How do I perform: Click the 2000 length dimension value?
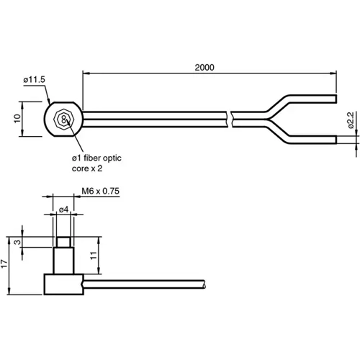[x=204, y=67]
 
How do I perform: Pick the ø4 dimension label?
[x=63, y=209]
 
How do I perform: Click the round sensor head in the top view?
[x=63, y=117]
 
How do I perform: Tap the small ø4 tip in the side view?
[x=63, y=242]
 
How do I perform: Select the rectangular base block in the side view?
[x=63, y=284]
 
